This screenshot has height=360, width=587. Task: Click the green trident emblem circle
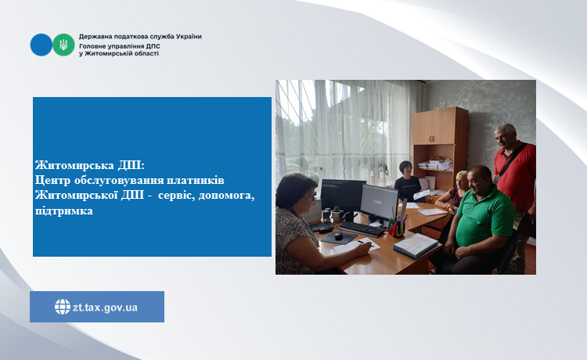pyautogui.click(x=63, y=45)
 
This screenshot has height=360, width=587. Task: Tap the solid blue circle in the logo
pyautogui.click(x=41, y=45)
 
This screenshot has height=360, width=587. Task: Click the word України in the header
pyautogui.click(x=189, y=37)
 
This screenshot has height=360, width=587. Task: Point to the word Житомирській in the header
pyautogui.click(x=106, y=53)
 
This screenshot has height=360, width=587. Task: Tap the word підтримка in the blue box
pyautogui.click(x=64, y=211)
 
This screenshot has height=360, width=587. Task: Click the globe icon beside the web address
pyautogui.click(x=63, y=307)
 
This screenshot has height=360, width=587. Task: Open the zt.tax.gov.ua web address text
pyautogui.click(x=105, y=308)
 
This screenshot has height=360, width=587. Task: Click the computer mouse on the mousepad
pyautogui.click(x=338, y=236)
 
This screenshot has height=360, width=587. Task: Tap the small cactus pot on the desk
pyautogui.click(x=336, y=214)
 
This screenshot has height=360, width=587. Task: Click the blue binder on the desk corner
pyautogui.click(x=416, y=246)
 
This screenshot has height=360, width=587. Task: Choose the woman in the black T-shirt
pyautogui.click(x=408, y=182)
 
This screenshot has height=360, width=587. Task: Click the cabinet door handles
pyautogui.click(x=432, y=139)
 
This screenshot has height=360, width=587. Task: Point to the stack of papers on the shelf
pyautogui.click(x=435, y=164)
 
